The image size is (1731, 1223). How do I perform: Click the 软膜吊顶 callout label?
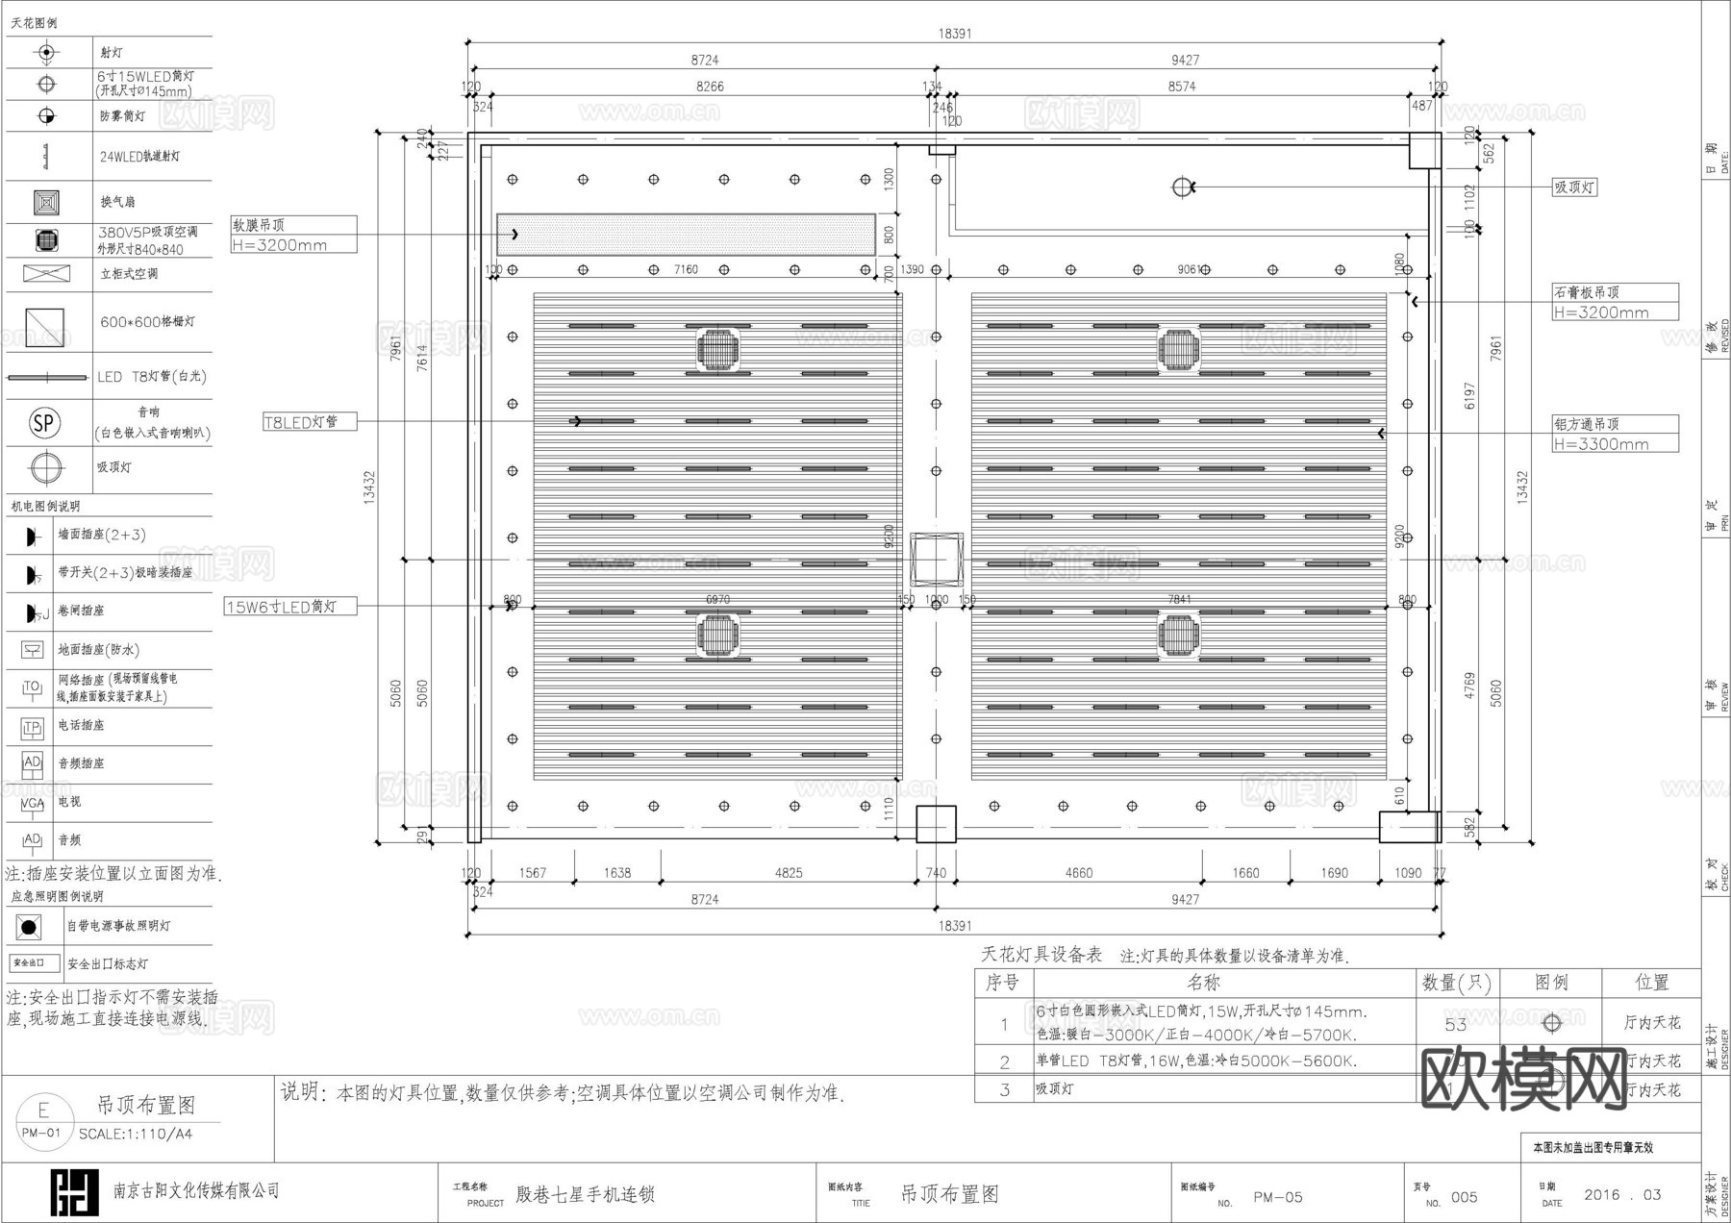tap(260, 225)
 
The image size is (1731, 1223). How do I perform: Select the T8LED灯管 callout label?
tap(302, 422)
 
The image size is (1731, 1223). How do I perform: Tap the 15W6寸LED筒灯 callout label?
tap(283, 607)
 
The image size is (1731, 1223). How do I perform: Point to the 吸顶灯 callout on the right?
tap(1574, 187)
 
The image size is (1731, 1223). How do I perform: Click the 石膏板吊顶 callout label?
tap(1587, 292)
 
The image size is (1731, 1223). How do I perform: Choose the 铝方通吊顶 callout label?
tap(1587, 424)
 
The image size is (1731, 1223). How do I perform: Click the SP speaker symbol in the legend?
tap(44, 423)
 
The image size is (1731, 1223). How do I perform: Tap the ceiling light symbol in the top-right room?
tap(1182, 187)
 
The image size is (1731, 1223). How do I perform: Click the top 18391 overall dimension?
tap(955, 34)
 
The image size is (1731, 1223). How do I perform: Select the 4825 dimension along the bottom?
tap(789, 873)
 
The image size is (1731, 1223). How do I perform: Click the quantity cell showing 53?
tap(1456, 1025)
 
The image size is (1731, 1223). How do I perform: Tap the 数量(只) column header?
tap(1456, 983)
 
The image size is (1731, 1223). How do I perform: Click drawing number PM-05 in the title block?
tap(1278, 1197)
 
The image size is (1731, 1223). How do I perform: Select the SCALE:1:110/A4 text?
tap(136, 1134)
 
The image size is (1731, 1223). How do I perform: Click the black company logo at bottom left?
tap(74, 1193)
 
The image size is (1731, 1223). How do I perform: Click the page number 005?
tap(1464, 1197)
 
